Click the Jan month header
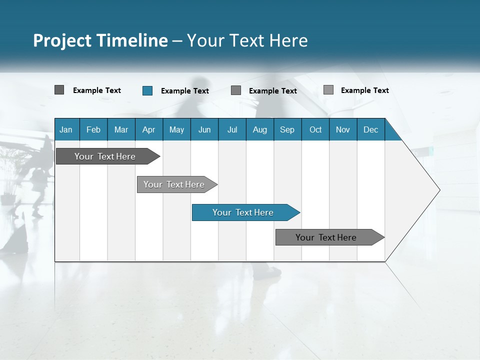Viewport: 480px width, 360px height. [x=66, y=129]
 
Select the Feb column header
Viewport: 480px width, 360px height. [x=93, y=129]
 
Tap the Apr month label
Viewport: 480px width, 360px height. [x=148, y=129]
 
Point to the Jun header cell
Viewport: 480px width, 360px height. [x=204, y=129]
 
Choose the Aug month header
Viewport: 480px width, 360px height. [x=259, y=129]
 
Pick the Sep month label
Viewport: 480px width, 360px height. [x=287, y=129]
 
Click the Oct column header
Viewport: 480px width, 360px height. [x=315, y=129]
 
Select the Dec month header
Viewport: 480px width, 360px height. [x=370, y=129]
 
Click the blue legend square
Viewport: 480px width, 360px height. [x=147, y=90]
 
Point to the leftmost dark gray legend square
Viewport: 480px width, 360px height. [x=59, y=90]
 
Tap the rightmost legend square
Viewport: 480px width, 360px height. [x=328, y=90]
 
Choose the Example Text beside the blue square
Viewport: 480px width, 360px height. [x=184, y=91]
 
